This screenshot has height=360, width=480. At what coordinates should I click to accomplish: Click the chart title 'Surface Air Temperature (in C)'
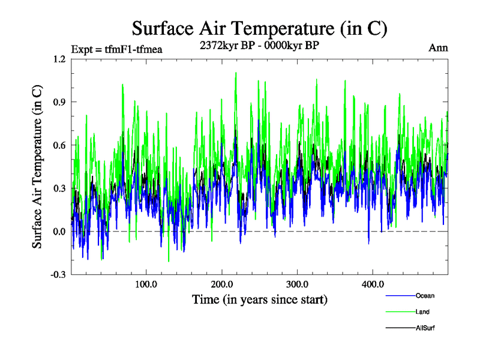point(259,28)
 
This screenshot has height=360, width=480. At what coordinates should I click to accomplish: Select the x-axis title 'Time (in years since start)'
point(259,298)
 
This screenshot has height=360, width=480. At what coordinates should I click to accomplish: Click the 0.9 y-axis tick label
point(59,103)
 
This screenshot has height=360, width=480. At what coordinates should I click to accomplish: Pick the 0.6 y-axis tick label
point(59,146)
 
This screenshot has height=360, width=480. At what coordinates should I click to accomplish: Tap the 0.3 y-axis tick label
point(59,188)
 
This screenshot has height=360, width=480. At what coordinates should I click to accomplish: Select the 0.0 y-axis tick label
point(59,232)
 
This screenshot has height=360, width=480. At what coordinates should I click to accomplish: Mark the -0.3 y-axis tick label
point(58,274)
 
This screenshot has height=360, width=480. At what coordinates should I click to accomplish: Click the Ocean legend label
point(425,296)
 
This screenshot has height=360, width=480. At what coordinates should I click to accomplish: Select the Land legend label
point(422,312)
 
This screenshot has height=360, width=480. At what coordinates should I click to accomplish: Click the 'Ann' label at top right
point(438,48)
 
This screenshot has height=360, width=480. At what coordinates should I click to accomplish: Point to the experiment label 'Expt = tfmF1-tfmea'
point(116,49)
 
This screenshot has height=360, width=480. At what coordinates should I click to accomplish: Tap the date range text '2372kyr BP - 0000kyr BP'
point(259,44)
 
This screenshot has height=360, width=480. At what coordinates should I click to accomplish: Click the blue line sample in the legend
point(400,296)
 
